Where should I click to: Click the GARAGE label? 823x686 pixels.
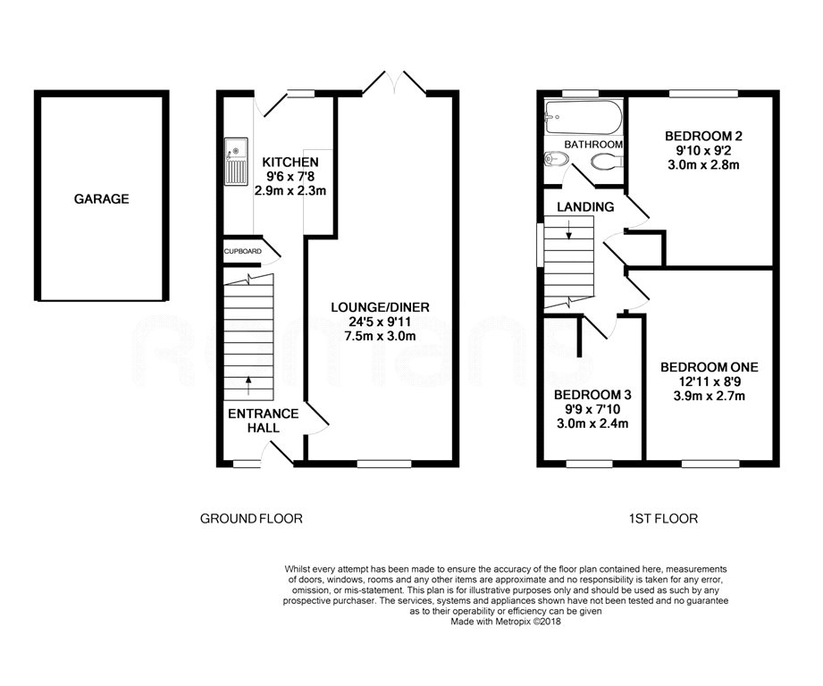coord(101,199)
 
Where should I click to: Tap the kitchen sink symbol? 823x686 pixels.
coord(236,162)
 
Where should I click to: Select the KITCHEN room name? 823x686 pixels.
coord(290,162)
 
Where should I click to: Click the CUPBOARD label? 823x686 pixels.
coord(242,252)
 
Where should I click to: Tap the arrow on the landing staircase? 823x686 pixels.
coord(567,235)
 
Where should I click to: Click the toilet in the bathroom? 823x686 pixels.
coord(608,161)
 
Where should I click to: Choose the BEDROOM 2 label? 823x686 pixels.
coord(703,136)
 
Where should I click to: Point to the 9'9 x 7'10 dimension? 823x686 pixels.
coord(585,409)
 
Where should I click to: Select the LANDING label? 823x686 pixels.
coord(585,207)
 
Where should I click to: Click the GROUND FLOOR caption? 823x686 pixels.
coord(250,518)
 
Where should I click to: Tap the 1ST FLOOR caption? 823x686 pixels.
coord(662,518)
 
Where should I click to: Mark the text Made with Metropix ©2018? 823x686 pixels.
coord(505,622)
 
